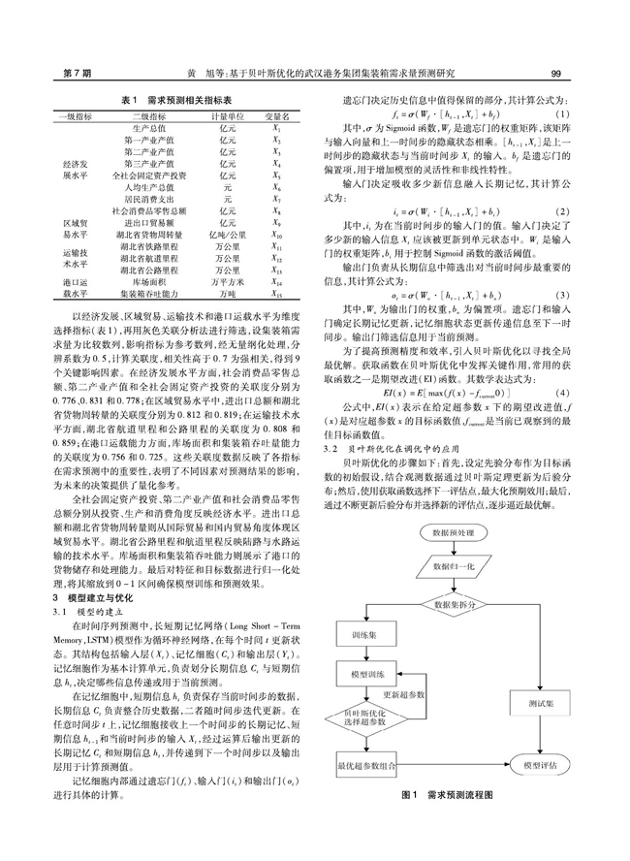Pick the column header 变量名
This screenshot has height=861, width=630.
click(x=277, y=116)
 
